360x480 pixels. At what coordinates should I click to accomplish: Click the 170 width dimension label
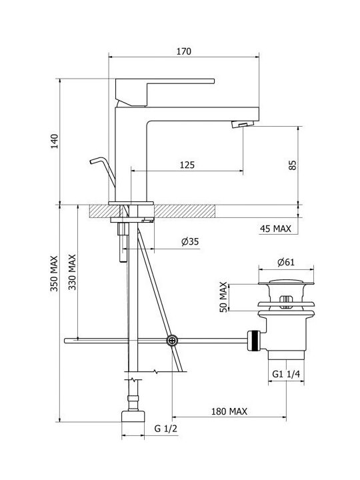(x=184, y=51)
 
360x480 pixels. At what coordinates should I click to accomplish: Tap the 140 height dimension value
(x=55, y=141)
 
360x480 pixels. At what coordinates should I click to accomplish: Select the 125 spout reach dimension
(x=187, y=165)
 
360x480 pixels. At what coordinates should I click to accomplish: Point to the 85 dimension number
(x=293, y=165)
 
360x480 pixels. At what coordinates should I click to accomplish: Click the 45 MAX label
(x=275, y=229)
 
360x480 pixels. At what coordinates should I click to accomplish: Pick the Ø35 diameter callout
(x=190, y=241)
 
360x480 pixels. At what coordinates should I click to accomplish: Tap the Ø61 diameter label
(x=286, y=263)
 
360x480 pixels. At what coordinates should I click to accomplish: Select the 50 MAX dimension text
(x=224, y=297)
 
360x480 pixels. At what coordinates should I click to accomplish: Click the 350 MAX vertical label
(x=54, y=274)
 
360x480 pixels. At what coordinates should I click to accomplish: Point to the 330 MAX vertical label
(x=72, y=272)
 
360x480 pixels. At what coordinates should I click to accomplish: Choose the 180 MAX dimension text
(x=229, y=411)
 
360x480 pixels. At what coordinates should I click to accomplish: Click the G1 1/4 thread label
(x=286, y=374)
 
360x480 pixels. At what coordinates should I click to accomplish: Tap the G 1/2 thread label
(x=165, y=428)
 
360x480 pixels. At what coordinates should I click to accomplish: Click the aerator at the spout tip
(x=243, y=124)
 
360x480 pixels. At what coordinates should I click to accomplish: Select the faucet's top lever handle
(x=165, y=93)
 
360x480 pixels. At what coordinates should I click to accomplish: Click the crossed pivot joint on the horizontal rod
(x=172, y=341)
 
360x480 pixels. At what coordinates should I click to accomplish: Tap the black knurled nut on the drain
(x=253, y=341)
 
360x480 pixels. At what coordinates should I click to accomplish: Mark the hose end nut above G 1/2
(x=133, y=416)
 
